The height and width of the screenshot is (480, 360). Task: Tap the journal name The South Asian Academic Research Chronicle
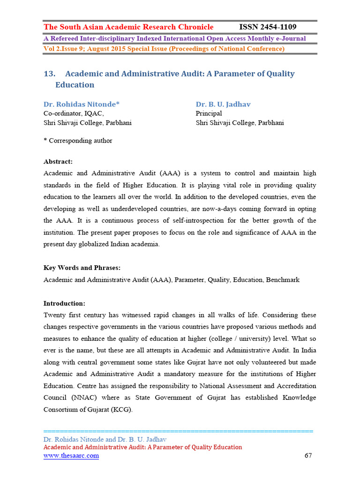pos(128,27)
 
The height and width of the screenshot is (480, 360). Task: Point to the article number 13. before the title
pos(50,74)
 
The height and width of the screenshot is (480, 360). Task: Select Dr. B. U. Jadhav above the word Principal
pos(223,104)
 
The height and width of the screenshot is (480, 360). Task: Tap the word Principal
pos(209,113)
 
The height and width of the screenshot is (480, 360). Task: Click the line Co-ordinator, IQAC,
pos(74,113)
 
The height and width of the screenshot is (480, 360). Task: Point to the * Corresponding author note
pos(78,141)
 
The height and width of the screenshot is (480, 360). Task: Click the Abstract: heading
pos(58,162)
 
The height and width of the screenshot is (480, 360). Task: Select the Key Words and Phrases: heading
pos(82,268)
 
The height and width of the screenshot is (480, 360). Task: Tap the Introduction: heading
pos(64,303)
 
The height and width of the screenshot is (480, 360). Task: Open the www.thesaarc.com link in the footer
pos(71,456)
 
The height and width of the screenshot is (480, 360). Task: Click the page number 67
pos(307,456)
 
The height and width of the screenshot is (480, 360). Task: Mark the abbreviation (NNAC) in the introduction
pos(84,397)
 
